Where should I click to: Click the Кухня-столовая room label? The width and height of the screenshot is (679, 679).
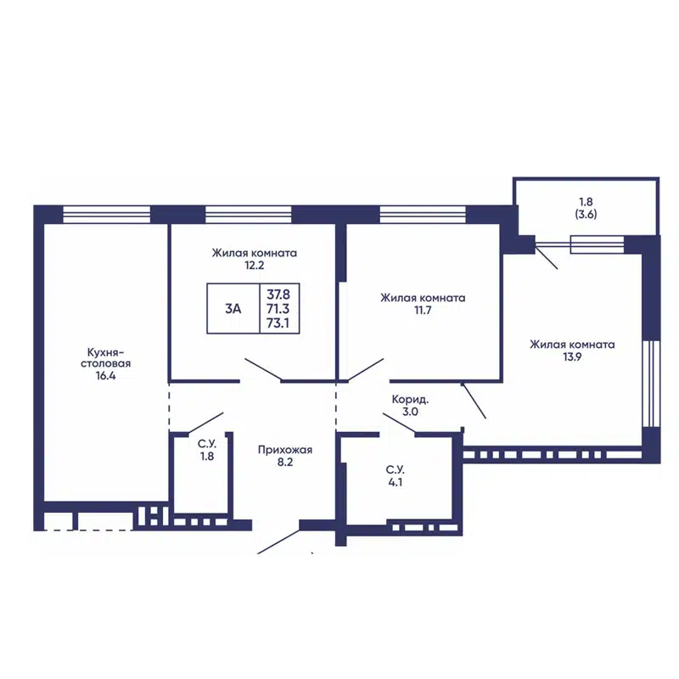pos(105,357)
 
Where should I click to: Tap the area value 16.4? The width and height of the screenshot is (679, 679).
pos(105,375)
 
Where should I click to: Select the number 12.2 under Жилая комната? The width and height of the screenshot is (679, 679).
pos(254,265)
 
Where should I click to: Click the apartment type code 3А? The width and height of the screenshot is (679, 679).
pos(233,309)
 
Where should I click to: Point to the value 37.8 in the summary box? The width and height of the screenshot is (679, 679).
pos(278,295)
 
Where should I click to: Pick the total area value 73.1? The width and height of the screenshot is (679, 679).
pos(278,323)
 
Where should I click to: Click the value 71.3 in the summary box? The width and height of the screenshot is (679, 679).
pos(278,309)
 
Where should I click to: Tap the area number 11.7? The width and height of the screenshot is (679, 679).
pos(423,310)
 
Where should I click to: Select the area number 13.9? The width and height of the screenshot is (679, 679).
pos(572,356)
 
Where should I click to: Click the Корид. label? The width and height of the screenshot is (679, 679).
pos(410,399)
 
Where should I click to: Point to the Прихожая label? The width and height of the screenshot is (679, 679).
pos(285,451)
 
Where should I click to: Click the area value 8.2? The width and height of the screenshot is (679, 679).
pos(285,462)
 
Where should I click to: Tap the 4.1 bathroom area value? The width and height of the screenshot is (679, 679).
pos(395,482)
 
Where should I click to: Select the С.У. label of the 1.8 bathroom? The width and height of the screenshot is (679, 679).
pos(207,444)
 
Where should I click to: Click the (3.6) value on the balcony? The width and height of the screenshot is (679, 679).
pos(586,214)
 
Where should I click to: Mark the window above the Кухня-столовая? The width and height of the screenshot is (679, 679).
pos(107,215)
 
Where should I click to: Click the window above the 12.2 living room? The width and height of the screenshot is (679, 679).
pos(248,215)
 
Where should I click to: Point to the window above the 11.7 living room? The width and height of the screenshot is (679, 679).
pos(423,215)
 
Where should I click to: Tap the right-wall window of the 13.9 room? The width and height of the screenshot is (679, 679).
pos(651,384)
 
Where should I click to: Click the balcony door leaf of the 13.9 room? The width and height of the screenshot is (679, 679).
pos(546,257)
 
